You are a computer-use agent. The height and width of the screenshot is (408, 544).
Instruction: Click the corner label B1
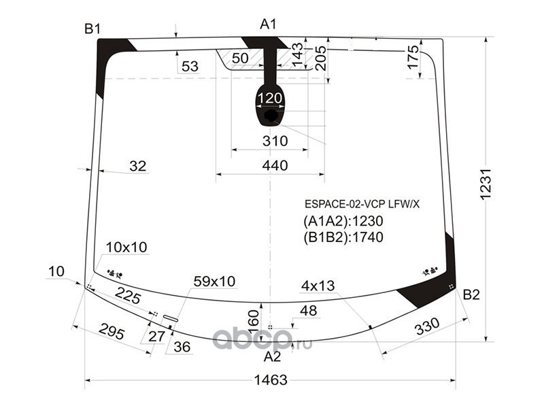(92, 29)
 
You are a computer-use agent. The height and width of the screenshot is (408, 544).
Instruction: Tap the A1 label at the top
(269, 25)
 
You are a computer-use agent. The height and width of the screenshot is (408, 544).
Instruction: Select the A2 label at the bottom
(272, 356)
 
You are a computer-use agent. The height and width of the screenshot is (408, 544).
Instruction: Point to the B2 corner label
(471, 294)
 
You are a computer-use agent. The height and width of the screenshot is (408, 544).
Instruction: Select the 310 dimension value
(275, 141)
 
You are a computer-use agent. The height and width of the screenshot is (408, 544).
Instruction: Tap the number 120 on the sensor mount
(270, 99)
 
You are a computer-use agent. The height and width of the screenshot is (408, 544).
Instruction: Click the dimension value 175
(412, 58)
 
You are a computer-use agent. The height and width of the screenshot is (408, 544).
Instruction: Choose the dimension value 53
(190, 66)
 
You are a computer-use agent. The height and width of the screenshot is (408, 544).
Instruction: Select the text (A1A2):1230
(343, 221)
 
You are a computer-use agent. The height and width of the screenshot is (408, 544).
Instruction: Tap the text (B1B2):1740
(343, 237)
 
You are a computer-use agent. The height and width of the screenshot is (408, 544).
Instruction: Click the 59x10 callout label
(214, 280)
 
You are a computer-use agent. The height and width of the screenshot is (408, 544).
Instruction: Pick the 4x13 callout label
(319, 286)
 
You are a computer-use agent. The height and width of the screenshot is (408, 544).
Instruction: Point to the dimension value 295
(112, 333)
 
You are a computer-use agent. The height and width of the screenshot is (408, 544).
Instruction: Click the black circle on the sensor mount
(271, 116)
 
